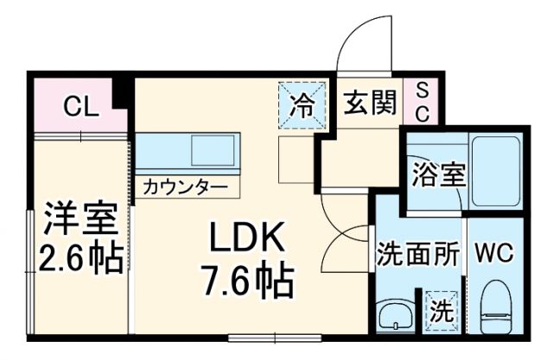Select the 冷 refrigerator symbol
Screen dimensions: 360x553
(x=302, y=106)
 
